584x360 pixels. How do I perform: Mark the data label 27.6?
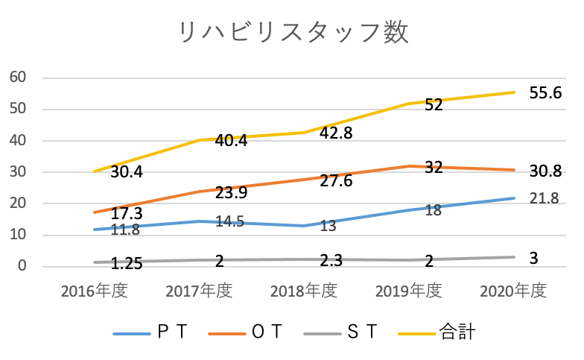[337, 183]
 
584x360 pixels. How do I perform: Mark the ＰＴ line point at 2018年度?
[304, 226]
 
